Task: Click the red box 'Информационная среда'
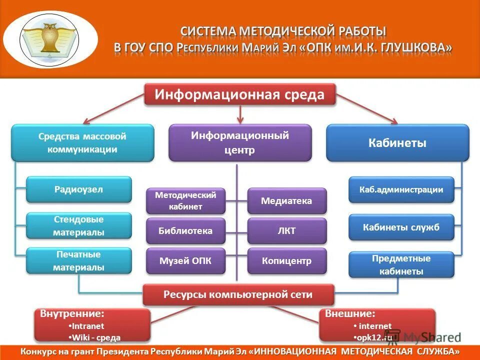(x=239, y=94)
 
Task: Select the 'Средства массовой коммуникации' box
(x=82, y=143)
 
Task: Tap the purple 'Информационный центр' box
(x=240, y=143)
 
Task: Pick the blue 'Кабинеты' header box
(x=397, y=143)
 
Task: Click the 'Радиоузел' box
(x=79, y=189)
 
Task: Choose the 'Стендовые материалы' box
(x=79, y=226)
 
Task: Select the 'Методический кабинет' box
(x=185, y=201)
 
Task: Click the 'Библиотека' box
(x=185, y=231)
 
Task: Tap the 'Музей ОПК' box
(x=185, y=261)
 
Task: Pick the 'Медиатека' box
(x=286, y=201)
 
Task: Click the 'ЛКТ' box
(x=286, y=231)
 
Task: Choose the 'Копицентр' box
(x=286, y=261)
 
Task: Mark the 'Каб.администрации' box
(x=401, y=190)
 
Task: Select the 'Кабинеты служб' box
(x=401, y=227)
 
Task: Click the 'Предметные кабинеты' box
(x=401, y=265)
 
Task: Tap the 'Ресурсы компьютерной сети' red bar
(x=238, y=295)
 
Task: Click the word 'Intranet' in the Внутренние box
(x=88, y=326)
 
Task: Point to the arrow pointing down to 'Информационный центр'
(x=240, y=114)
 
